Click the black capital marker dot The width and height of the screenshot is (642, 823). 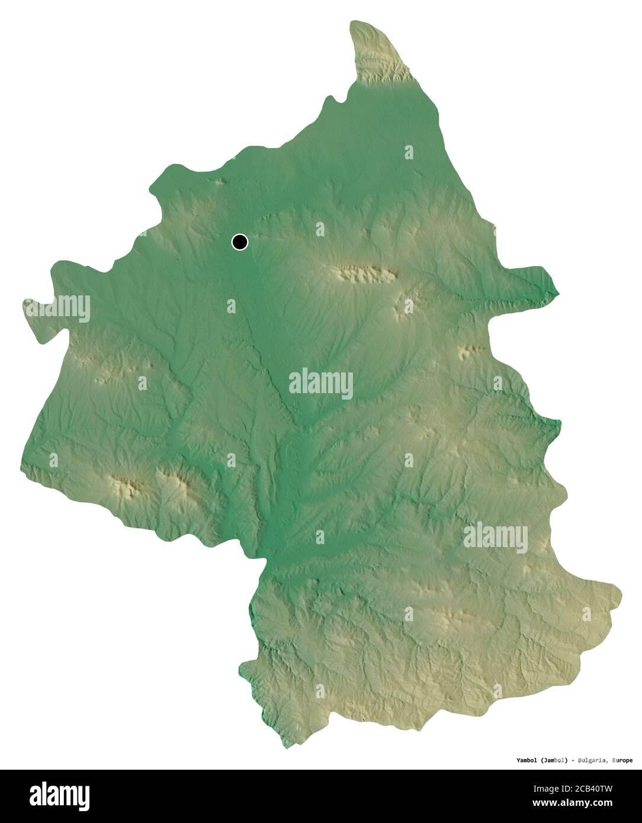coord(240,242)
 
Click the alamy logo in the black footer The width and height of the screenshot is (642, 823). coord(59,795)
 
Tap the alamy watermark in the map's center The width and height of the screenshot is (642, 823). coord(321,384)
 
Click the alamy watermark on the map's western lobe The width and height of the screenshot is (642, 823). coord(57,308)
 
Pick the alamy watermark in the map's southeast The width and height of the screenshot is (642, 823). coord(495,536)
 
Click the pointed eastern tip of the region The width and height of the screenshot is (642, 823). coord(557,292)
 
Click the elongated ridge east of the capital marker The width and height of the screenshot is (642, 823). coord(363,274)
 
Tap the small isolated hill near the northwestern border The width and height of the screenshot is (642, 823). coord(221,182)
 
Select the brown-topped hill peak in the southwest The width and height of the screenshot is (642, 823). coord(129,487)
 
